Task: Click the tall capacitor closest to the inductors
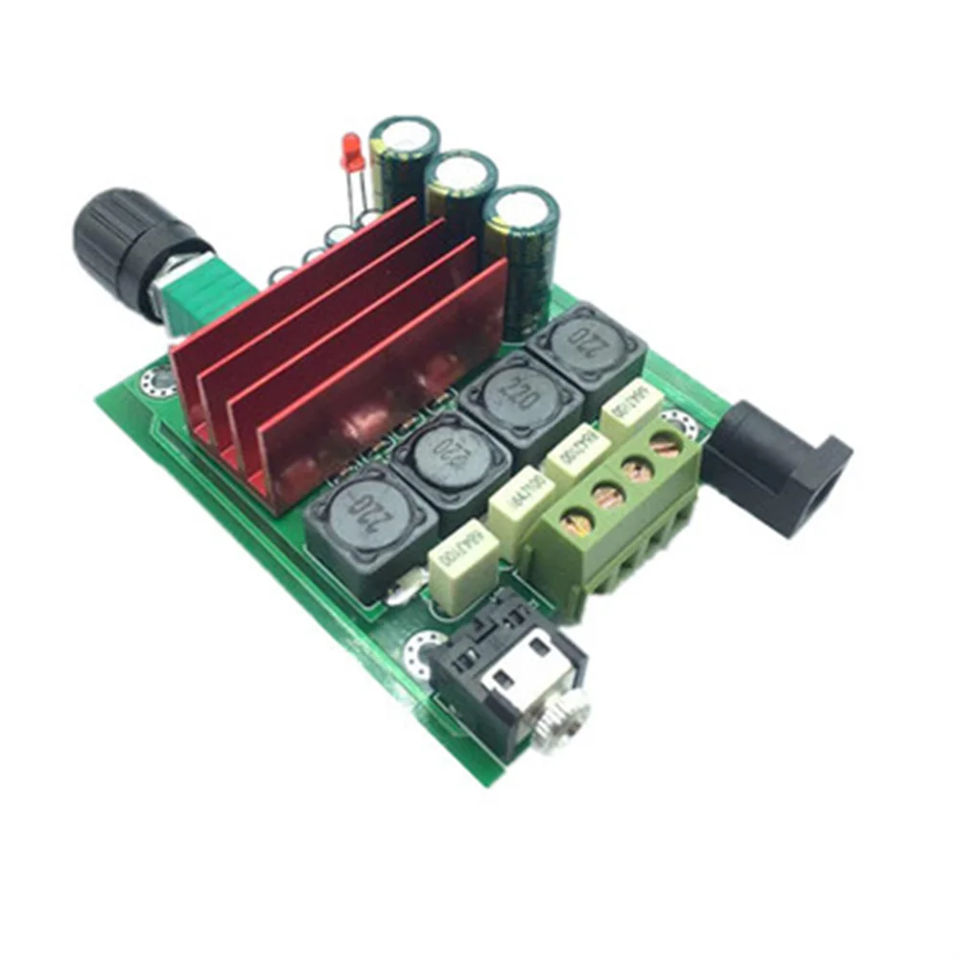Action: [521, 249]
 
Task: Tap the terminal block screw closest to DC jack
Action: [661, 444]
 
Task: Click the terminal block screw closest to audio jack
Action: [561, 524]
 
